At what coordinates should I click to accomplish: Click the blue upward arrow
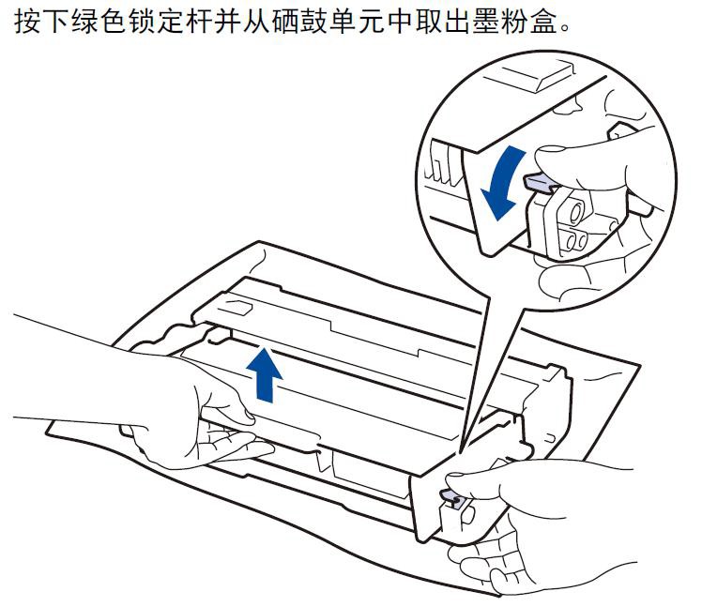click(x=264, y=375)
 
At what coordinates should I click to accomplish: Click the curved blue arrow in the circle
click(x=504, y=184)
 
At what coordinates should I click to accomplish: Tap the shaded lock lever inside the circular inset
click(x=541, y=183)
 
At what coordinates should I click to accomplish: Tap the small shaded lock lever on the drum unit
click(x=452, y=496)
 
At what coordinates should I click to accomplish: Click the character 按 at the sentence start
click(x=27, y=21)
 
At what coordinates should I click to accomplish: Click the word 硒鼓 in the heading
click(x=299, y=21)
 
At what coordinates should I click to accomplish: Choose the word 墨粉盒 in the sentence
click(x=514, y=21)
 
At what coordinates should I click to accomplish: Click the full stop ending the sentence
click(x=565, y=28)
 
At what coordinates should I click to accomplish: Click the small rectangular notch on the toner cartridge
click(x=237, y=309)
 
